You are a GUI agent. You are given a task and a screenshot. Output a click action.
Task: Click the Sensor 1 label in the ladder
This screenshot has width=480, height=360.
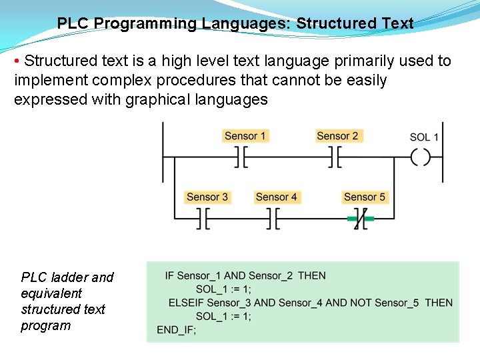pyautogui.click(x=245, y=136)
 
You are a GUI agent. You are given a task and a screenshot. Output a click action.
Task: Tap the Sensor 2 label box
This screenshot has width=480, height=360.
pyautogui.click(x=337, y=136)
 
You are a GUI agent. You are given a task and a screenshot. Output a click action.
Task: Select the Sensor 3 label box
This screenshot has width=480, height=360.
pyautogui.click(x=207, y=197)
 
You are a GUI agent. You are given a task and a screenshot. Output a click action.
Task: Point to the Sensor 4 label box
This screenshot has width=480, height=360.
pyautogui.click(x=276, y=197)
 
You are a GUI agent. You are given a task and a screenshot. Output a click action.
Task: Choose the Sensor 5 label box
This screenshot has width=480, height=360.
pyautogui.click(x=364, y=197)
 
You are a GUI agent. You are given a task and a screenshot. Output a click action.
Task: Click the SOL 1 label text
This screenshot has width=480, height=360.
pyautogui.click(x=424, y=137)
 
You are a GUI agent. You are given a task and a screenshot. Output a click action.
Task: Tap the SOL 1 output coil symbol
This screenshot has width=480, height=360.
pyautogui.click(x=421, y=158)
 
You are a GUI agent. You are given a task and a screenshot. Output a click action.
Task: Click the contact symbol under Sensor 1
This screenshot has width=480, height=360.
pyautogui.click(x=241, y=158)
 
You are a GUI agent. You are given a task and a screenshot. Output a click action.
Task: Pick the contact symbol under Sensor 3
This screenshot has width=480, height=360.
pyautogui.click(x=203, y=218)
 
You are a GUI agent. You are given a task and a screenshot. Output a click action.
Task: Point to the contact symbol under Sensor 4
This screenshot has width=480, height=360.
pyautogui.click(x=273, y=218)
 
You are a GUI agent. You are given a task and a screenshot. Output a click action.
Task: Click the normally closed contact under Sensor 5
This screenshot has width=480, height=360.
pyautogui.click(x=361, y=218)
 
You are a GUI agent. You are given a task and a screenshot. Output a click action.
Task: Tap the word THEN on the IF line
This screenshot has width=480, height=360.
pyautogui.click(x=312, y=276)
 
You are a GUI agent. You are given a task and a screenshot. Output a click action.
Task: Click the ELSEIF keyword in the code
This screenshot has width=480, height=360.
pyautogui.click(x=186, y=303)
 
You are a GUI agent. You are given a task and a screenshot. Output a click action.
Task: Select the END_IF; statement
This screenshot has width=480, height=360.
pyautogui.click(x=177, y=329)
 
